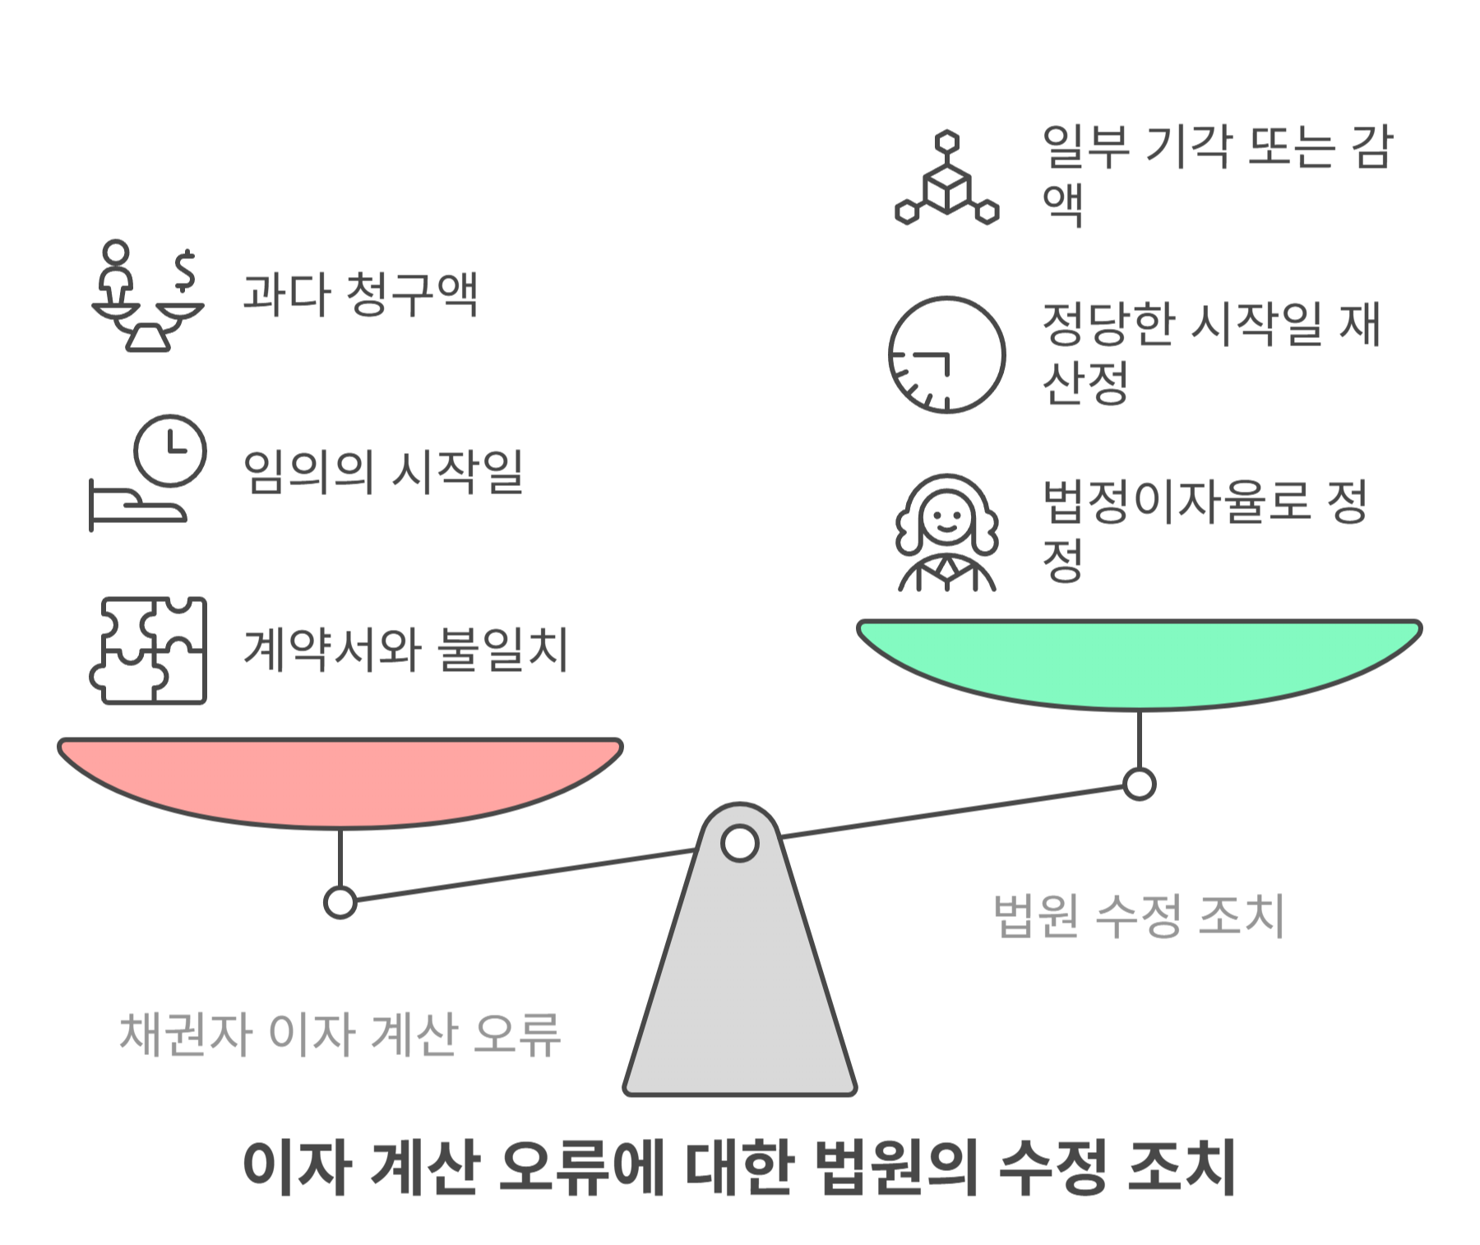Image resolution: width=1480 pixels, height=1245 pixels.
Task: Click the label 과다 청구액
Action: pos(360,294)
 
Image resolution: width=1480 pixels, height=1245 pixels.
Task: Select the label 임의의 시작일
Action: pos(383,471)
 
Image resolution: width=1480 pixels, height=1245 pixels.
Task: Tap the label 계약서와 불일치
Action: pos(405,650)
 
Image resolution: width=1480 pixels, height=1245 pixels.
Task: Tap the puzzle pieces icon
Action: pos(148,650)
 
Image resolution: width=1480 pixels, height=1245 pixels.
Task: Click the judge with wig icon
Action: pos(946,533)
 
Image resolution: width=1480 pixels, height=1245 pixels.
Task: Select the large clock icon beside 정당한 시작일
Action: pos(946,354)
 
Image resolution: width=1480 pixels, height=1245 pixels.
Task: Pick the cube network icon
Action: pos(946,178)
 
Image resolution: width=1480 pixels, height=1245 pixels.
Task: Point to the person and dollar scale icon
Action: pos(148,295)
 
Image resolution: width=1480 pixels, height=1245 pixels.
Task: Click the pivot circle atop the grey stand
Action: pos(739,844)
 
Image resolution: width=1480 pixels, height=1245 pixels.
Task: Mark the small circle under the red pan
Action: pos(340,902)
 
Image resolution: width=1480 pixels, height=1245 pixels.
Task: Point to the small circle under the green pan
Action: pos(1139,784)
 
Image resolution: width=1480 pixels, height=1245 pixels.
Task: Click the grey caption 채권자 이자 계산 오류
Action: pos(340,1034)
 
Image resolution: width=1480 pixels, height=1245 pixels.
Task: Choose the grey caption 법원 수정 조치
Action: pos(1139,914)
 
